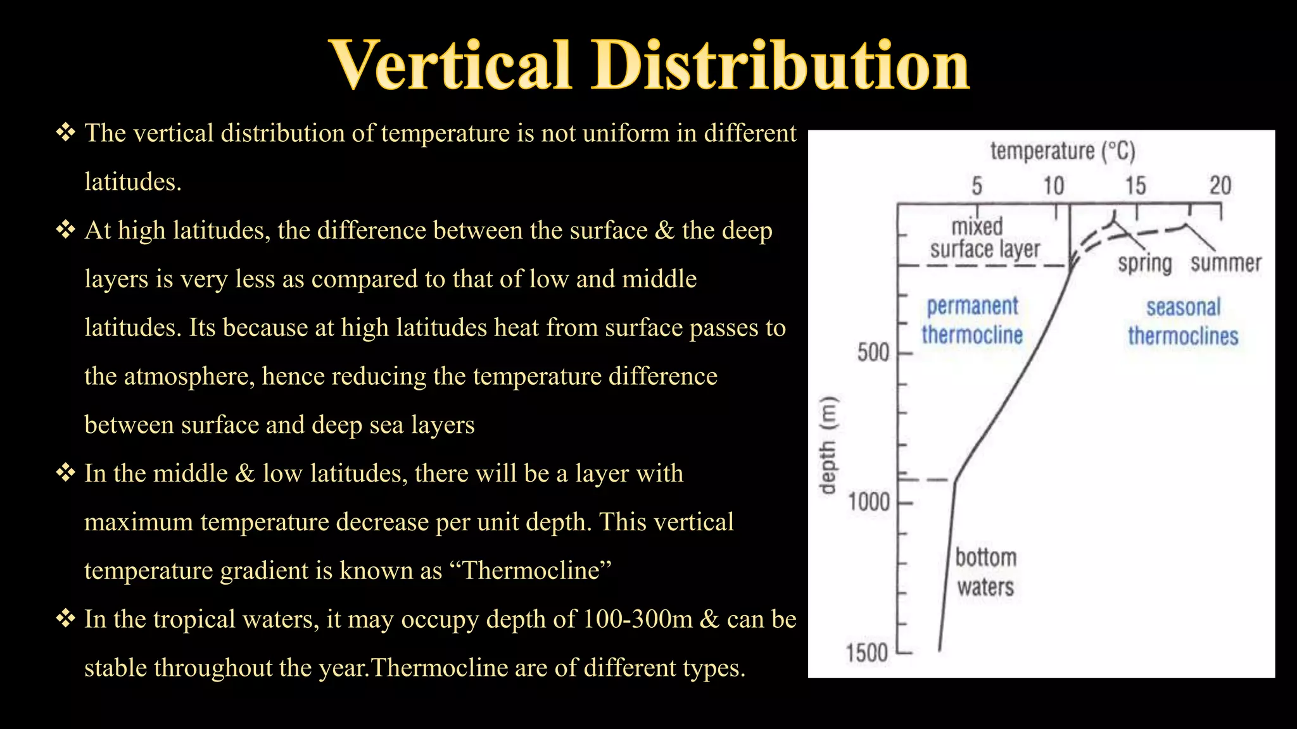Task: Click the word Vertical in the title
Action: click(451, 65)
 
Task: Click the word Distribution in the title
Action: click(780, 65)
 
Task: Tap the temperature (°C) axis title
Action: click(1063, 151)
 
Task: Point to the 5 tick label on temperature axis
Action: click(977, 186)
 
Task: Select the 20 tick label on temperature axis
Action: click(1220, 186)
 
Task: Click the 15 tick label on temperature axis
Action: click(1136, 186)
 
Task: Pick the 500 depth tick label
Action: click(873, 352)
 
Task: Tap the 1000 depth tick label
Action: click(869, 502)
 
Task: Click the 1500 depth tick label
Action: click(867, 652)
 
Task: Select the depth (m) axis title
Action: click(828, 445)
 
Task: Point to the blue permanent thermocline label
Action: click(972, 321)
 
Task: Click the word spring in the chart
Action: click(1144, 263)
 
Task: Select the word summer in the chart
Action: click(1225, 263)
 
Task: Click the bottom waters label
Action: click(985, 572)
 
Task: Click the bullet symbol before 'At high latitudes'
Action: click(65, 230)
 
